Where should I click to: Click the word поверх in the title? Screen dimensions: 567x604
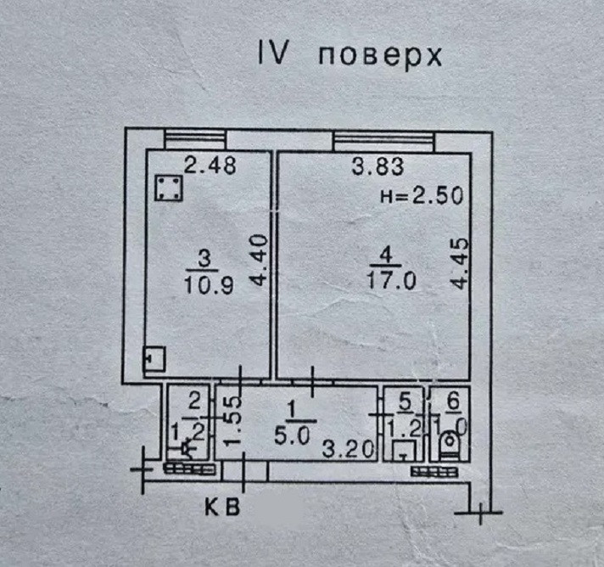[x=381, y=56]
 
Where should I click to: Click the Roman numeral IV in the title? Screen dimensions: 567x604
[x=274, y=54]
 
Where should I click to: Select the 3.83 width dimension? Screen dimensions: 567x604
[x=377, y=167]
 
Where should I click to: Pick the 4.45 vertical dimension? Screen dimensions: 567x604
[x=459, y=268]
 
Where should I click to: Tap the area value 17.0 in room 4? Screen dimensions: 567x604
[x=391, y=281]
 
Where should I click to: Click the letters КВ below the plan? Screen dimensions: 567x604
[x=223, y=508]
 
